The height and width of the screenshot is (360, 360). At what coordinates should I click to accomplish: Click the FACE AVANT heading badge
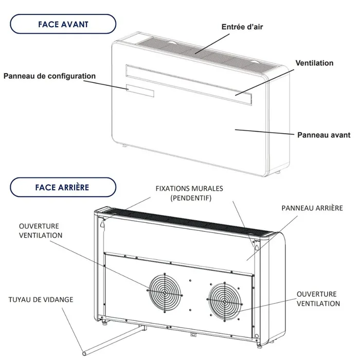[x=63, y=25]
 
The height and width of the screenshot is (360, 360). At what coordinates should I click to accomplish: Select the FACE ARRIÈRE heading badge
[x=63, y=188]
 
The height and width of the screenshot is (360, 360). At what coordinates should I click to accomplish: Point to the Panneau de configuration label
[x=49, y=76]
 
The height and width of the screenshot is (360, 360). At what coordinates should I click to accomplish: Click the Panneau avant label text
[x=324, y=135]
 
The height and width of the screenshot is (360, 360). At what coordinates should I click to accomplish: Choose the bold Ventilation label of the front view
[x=314, y=63]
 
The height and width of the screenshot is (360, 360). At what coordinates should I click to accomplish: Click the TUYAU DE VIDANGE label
[x=40, y=299]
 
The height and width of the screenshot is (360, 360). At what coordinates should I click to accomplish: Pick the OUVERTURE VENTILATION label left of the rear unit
[x=40, y=230]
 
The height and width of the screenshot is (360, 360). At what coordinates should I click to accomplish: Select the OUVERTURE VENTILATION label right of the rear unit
[x=318, y=299]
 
